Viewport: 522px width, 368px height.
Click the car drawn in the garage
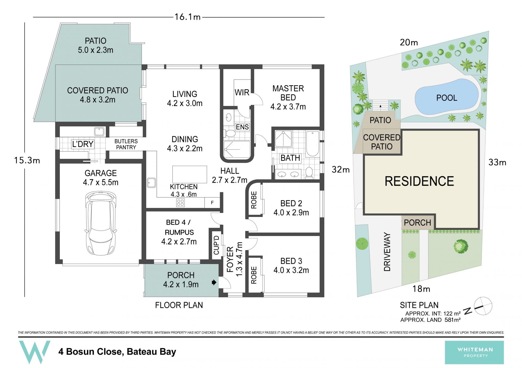101,223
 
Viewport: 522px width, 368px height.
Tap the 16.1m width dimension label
188,17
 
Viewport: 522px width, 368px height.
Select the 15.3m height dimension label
27,160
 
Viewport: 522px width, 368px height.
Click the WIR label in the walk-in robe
242,92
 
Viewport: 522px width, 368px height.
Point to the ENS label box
242,127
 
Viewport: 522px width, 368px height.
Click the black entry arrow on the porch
214,282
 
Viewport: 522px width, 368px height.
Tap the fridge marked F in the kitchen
212,203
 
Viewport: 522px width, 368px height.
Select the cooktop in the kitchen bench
180,203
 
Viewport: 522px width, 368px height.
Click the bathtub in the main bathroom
312,144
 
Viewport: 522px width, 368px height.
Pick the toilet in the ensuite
230,133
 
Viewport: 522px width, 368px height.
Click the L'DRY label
83,144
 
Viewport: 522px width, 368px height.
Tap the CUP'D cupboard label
216,245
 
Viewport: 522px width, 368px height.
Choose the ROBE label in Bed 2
254,200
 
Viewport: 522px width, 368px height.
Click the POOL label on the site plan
447,98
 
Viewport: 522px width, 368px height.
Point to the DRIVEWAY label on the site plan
387,252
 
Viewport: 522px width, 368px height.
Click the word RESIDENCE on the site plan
419,181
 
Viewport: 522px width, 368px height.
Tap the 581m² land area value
452,320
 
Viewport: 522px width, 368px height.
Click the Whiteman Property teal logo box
474,352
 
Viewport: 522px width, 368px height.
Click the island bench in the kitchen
190,174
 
